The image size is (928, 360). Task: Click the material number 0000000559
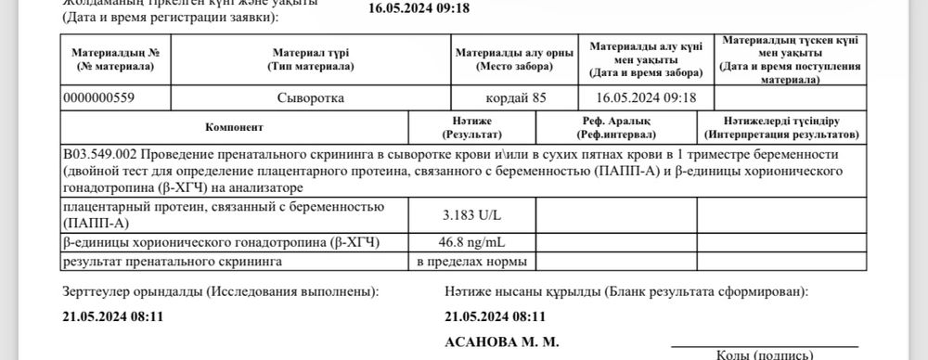(x=103, y=96)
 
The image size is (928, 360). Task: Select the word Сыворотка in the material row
(x=309, y=96)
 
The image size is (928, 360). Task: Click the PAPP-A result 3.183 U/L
(x=473, y=216)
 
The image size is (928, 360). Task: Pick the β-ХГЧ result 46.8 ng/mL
(x=473, y=243)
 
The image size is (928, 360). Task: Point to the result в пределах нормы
(x=473, y=262)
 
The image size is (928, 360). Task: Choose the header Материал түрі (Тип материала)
(x=309, y=59)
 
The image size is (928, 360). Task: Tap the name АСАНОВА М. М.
(x=502, y=341)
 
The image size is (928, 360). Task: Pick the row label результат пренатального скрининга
(x=171, y=262)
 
